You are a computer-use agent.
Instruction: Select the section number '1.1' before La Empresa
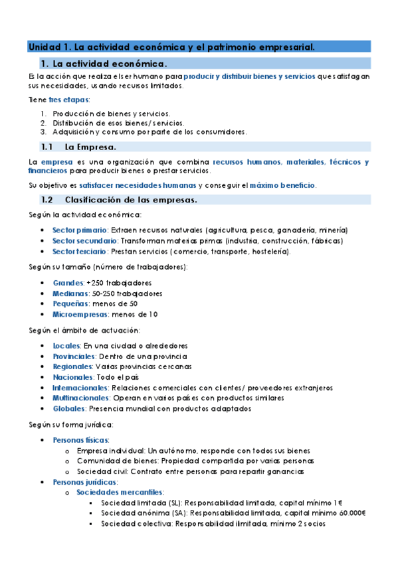point(47,147)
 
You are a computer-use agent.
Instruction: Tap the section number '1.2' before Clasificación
point(47,200)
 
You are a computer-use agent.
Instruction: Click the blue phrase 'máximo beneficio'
point(288,184)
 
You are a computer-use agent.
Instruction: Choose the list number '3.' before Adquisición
point(43,131)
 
